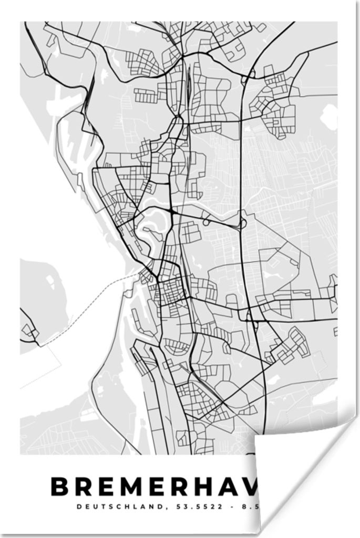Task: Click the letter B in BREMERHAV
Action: coord(61,487)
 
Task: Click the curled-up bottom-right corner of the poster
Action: coord(294,473)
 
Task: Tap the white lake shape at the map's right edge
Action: coord(330,116)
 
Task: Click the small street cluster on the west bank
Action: coord(29,331)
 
